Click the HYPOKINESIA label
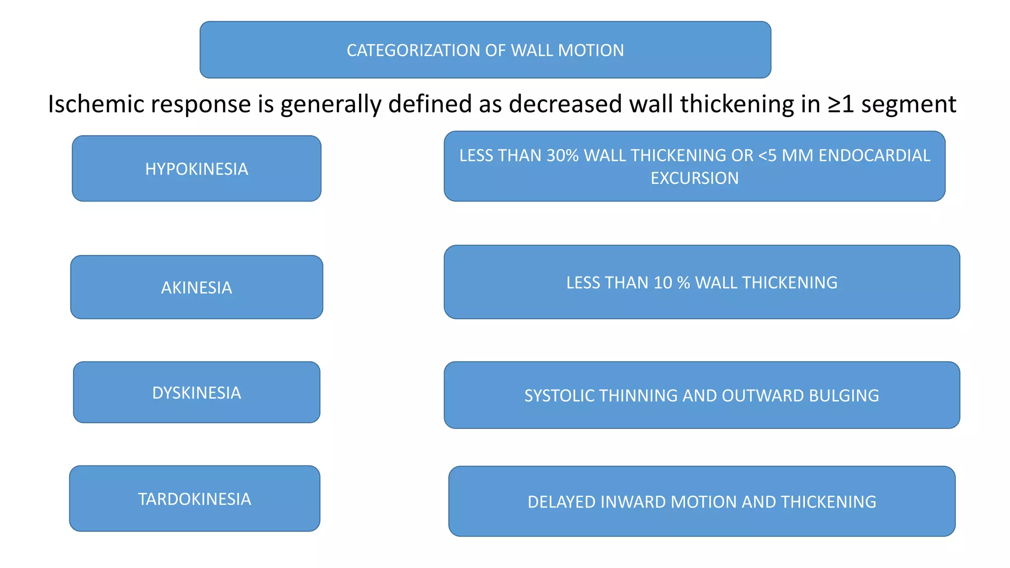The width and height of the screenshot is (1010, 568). click(x=196, y=169)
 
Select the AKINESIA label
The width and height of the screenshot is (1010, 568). click(x=196, y=288)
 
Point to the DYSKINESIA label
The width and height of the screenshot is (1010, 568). click(x=196, y=393)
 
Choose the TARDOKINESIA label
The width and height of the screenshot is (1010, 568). click(x=194, y=499)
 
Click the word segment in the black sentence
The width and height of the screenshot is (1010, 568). click(x=908, y=105)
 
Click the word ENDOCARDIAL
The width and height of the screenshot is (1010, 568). click(x=874, y=156)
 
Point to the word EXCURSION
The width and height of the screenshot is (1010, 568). click(x=694, y=178)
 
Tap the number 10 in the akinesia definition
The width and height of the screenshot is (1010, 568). click(x=663, y=283)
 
